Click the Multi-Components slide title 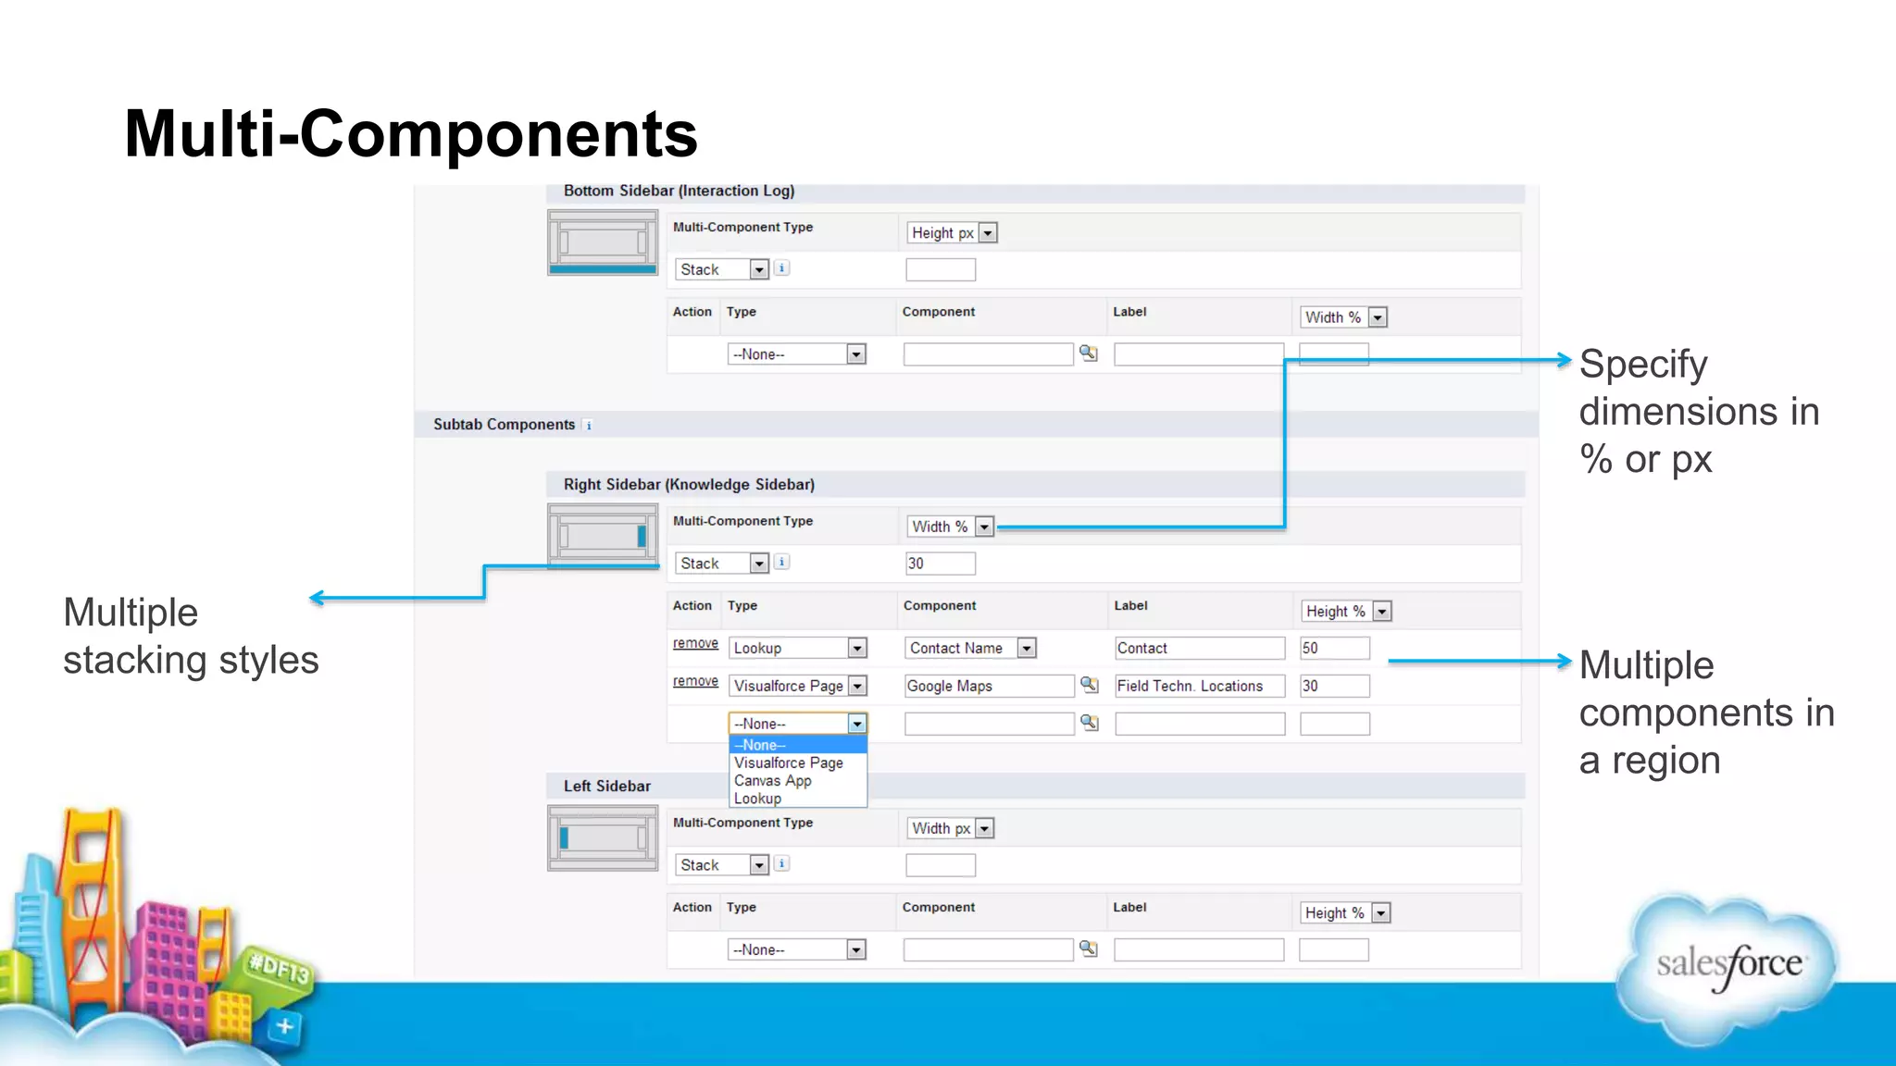410,134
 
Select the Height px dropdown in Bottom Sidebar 952,233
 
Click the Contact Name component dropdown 969,649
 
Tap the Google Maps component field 988,687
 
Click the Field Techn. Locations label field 1199,687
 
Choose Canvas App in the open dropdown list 773,781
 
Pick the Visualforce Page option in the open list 789,763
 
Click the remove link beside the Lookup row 695,644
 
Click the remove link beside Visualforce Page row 695,682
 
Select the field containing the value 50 1333,649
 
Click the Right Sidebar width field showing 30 940,564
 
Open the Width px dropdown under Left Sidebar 951,829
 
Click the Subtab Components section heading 504,425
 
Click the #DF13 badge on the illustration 279,969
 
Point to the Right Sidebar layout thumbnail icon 603,536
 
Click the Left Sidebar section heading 606,787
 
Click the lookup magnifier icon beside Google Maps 1090,686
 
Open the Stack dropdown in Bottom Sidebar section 722,270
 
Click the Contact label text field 1199,649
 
